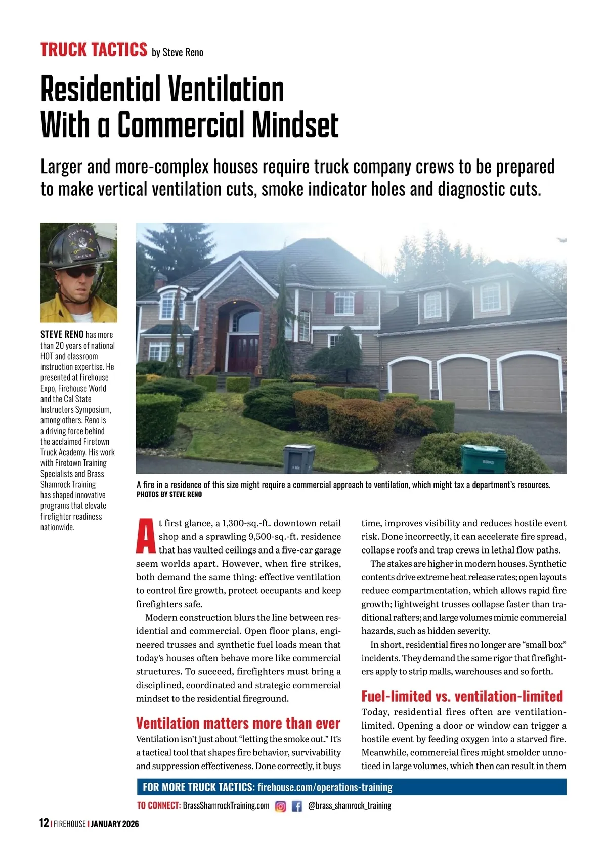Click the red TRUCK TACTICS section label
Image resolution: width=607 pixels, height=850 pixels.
(x=94, y=50)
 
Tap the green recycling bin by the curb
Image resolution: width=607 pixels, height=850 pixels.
(x=484, y=458)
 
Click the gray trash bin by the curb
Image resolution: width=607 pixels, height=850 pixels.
(x=298, y=458)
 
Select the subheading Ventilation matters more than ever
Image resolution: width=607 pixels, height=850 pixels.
(x=238, y=723)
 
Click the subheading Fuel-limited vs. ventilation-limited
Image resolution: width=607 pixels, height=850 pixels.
(x=462, y=696)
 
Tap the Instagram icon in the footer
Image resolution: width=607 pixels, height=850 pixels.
(x=280, y=806)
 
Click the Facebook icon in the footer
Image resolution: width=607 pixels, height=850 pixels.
(x=297, y=806)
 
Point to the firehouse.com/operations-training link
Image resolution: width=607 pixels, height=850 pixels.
(x=325, y=787)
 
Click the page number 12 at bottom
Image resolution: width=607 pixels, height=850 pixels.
(x=44, y=823)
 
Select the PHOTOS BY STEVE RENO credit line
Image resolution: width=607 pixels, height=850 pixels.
(x=169, y=494)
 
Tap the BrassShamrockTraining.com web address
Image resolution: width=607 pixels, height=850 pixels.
(x=226, y=805)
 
